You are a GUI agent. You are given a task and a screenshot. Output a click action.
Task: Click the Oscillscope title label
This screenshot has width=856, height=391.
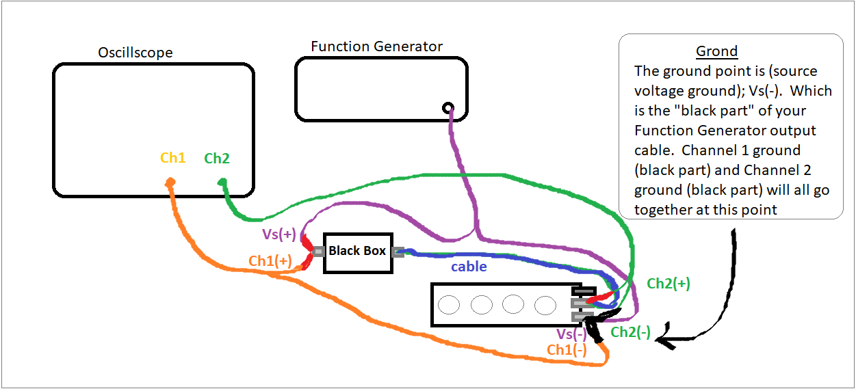click(135, 53)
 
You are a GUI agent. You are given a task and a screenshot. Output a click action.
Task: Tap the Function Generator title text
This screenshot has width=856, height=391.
click(376, 46)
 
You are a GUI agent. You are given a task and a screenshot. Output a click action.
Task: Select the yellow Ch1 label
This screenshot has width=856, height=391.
click(173, 158)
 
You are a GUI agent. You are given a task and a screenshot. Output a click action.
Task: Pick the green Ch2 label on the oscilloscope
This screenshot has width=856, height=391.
click(217, 159)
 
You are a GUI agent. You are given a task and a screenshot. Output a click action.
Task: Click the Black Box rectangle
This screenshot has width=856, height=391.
click(357, 252)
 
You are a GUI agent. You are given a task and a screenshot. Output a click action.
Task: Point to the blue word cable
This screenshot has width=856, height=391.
click(469, 267)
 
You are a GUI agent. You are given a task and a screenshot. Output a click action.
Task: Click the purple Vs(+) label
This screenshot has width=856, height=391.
click(278, 234)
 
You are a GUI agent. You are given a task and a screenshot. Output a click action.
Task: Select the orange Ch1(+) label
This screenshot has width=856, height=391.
click(270, 260)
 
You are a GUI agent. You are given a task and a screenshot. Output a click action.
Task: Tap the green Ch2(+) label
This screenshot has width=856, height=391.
click(668, 284)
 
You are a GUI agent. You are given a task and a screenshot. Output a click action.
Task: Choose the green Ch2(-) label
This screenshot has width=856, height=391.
click(630, 332)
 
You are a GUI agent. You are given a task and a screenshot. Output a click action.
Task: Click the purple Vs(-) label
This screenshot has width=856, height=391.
click(571, 334)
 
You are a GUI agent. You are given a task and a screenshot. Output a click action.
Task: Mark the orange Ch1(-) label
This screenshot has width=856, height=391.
click(567, 350)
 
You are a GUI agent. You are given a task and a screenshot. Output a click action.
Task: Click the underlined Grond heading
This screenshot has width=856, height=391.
click(716, 51)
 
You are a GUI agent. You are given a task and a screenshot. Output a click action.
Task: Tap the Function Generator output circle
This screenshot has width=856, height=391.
click(448, 107)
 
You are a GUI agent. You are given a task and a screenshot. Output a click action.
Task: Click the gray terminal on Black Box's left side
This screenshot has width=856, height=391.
click(318, 252)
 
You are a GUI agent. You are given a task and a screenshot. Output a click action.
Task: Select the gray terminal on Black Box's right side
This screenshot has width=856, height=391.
click(398, 252)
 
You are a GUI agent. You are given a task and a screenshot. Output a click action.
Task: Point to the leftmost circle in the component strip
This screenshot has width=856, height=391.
click(450, 304)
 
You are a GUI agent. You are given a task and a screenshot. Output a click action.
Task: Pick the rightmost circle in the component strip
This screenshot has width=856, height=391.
click(545, 304)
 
